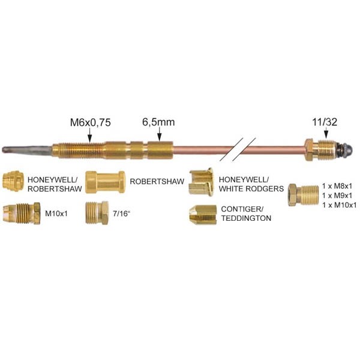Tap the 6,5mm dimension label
pos(158,122)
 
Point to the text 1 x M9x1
pos(340,196)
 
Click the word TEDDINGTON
pos(247,218)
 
